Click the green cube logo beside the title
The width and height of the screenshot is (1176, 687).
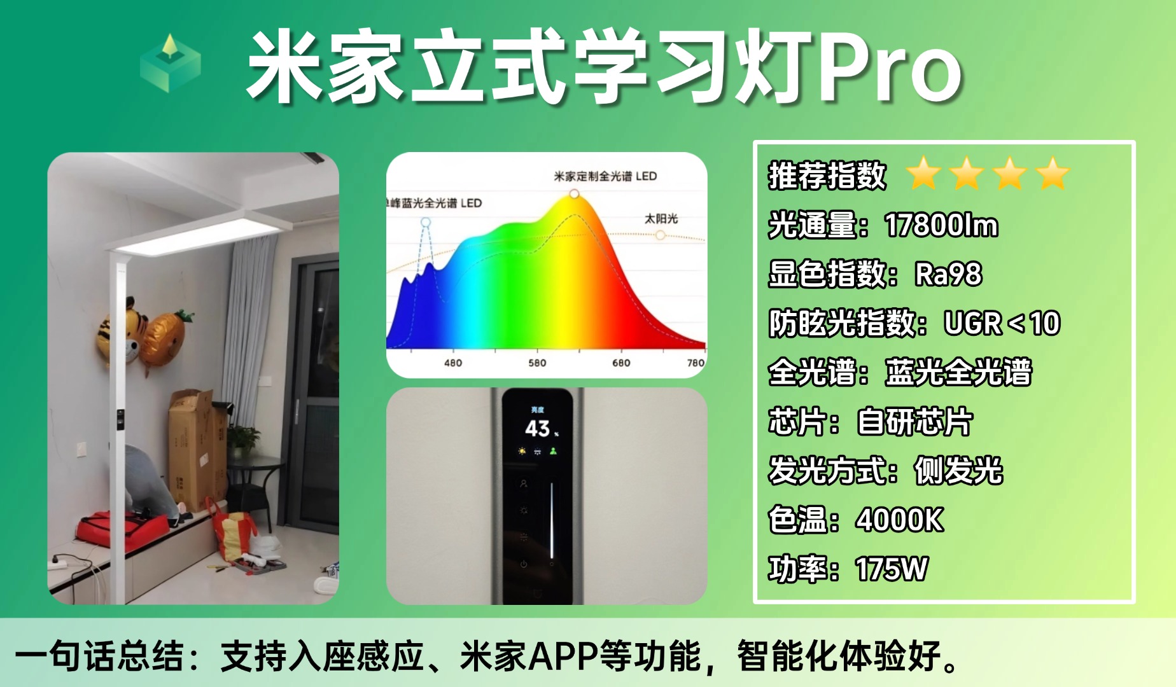(x=170, y=63)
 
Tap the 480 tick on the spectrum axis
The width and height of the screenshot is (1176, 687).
(x=453, y=363)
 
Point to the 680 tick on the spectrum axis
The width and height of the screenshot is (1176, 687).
(x=621, y=363)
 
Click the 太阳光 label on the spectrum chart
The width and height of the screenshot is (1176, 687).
(x=661, y=219)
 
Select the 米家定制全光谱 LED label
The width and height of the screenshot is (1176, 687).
(x=605, y=176)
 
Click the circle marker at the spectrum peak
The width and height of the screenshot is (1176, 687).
(x=574, y=193)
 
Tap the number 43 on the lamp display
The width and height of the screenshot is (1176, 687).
(x=537, y=428)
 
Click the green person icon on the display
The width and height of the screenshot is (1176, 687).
(x=553, y=451)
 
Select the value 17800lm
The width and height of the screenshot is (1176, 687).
(x=941, y=225)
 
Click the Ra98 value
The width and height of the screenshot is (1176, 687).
(x=948, y=274)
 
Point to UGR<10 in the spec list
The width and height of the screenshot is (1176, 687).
(x=1002, y=323)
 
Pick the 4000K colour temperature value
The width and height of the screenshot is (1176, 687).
(x=899, y=520)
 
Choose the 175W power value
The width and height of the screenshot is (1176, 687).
(x=892, y=569)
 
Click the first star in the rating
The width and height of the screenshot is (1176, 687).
(x=924, y=174)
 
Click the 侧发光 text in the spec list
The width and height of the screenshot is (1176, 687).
(x=958, y=471)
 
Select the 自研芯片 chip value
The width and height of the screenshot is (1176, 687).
(x=914, y=422)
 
